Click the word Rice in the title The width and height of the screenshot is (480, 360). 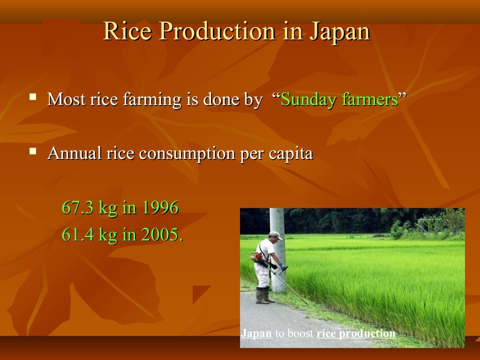coord(123,32)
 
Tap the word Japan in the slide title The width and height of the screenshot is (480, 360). coord(339,32)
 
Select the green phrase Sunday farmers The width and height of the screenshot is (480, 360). coord(339,99)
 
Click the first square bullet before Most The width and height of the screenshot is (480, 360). coord(33,97)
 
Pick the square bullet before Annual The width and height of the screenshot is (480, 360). coord(33,151)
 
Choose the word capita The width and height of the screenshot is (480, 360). coord(291,154)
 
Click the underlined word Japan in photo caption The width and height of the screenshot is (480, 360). coord(256,334)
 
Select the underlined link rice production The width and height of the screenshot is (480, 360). coord(356,334)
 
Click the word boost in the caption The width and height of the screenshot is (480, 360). coord(300,334)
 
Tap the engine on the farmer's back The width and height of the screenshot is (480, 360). coord(257,256)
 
